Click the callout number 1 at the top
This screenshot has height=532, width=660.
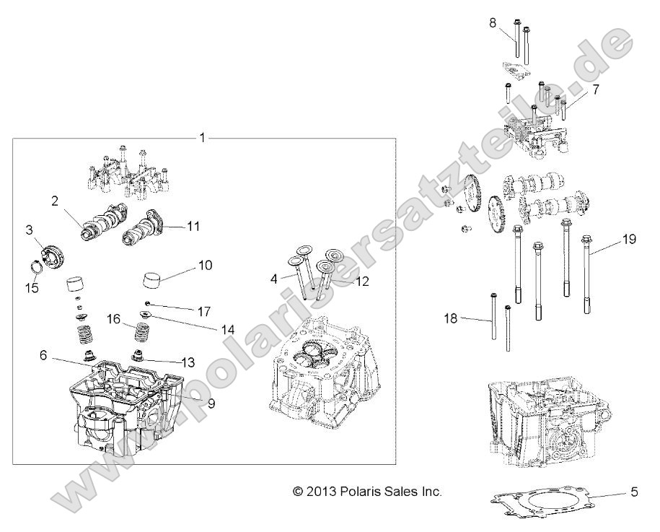(203, 137)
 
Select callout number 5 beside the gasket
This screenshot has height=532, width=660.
(634, 493)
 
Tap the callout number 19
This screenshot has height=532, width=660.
(629, 240)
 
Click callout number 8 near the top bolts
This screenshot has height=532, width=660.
(493, 23)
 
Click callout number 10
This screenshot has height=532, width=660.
(205, 266)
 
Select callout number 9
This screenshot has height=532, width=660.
(211, 404)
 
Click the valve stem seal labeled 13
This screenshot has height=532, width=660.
(138, 355)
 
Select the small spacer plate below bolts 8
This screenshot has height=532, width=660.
(514, 69)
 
